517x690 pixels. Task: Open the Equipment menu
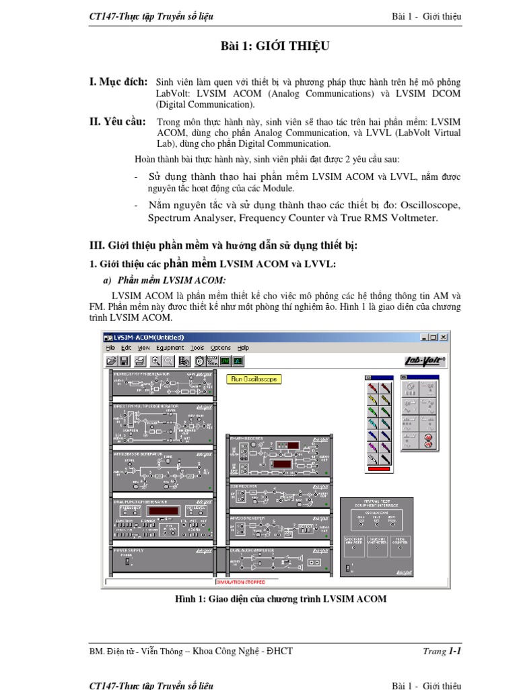tap(170, 348)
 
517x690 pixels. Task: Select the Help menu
tap(243, 348)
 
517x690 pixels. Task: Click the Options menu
tap(220, 348)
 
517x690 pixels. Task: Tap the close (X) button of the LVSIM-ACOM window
tap(444, 337)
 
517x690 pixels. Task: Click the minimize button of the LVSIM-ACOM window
tap(424, 337)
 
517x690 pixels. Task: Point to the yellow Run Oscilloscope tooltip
tap(253, 379)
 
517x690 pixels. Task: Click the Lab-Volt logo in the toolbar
tap(423, 361)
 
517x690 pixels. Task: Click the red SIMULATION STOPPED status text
tap(240, 582)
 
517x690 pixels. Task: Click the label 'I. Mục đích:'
tap(118, 82)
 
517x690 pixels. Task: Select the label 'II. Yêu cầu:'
tap(118, 121)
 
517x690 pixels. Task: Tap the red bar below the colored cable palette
tap(379, 468)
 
